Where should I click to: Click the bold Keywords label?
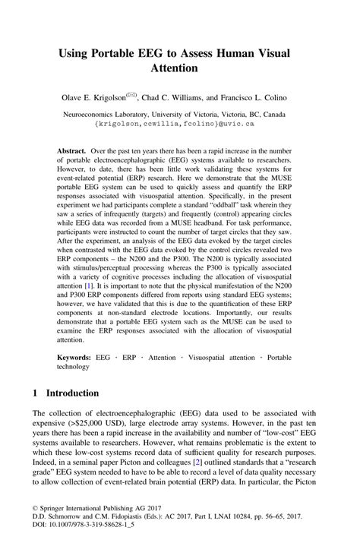[x=79, y=356]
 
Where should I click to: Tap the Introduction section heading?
[x=72, y=393]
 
